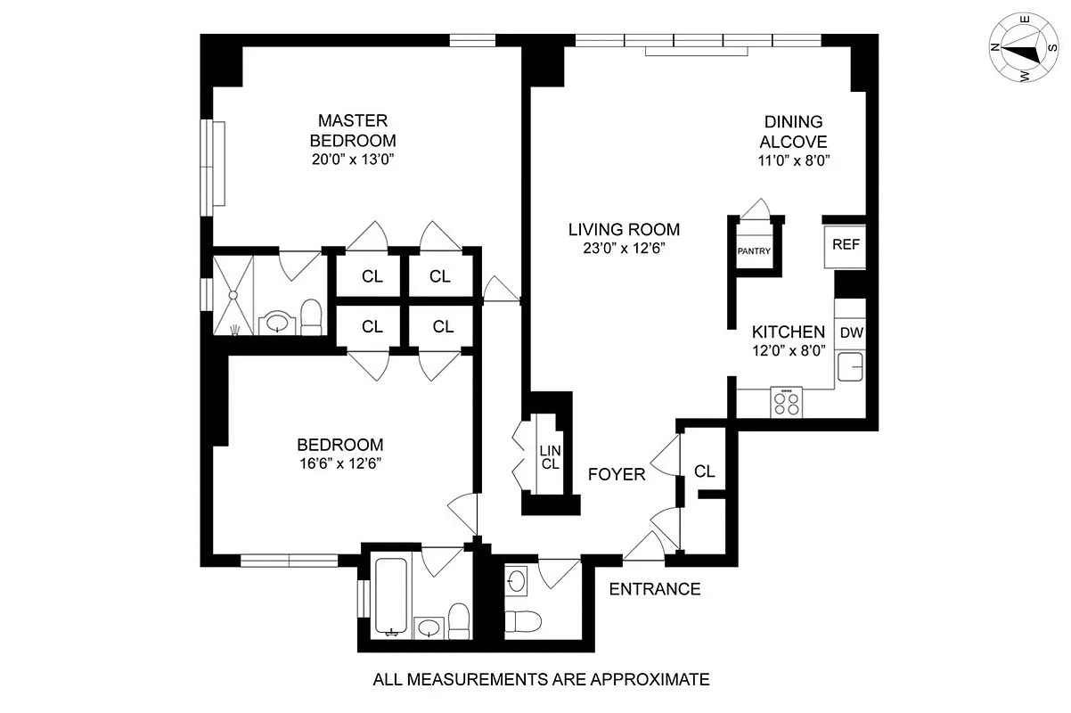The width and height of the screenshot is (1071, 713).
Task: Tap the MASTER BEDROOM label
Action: pos(352,130)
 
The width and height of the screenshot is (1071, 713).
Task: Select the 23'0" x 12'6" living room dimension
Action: pos(624,249)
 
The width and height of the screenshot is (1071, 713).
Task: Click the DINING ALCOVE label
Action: pos(793,132)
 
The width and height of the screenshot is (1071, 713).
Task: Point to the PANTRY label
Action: pos(753,251)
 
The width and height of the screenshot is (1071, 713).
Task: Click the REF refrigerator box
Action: pos(845,243)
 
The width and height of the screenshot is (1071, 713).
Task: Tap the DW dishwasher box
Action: pos(852,332)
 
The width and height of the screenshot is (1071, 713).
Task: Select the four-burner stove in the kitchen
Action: pos(786,403)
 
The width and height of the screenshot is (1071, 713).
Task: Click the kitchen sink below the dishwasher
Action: pos(849,366)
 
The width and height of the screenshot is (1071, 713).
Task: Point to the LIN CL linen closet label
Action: pos(549,457)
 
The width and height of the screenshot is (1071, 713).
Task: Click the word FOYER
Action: pos(617,475)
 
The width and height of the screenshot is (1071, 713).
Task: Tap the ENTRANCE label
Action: pos(654,589)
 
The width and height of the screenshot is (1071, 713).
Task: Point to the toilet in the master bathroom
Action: pos(311,317)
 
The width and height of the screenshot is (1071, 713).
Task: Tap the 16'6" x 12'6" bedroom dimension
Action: pos(340,463)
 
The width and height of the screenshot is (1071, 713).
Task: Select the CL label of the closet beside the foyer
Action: pos(705,471)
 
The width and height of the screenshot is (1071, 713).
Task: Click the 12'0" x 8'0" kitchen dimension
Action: pos(789,350)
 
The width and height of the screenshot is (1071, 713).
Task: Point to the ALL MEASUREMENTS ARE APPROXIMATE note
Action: pos(541,680)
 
